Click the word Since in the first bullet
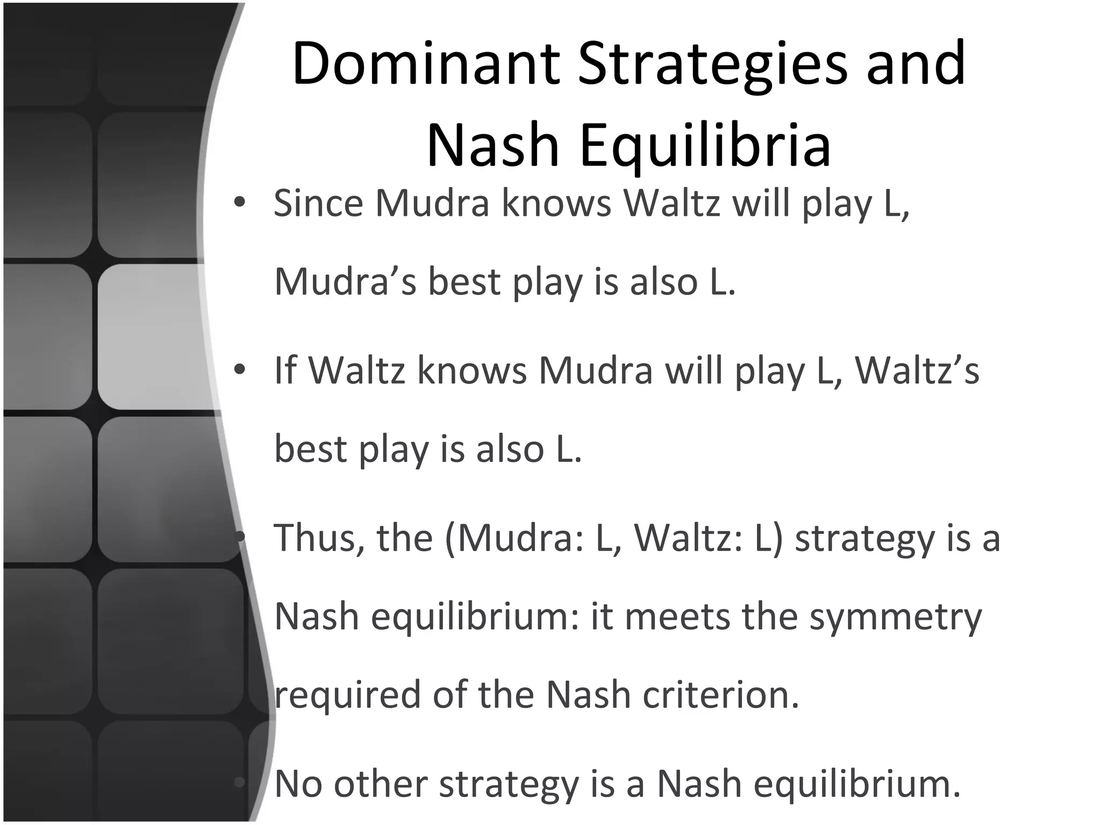tap(318, 204)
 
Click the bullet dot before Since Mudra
tap(240, 203)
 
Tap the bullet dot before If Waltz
tap(240, 370)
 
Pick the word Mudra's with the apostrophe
tap(345, 282)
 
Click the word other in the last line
tap(381, 784)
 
